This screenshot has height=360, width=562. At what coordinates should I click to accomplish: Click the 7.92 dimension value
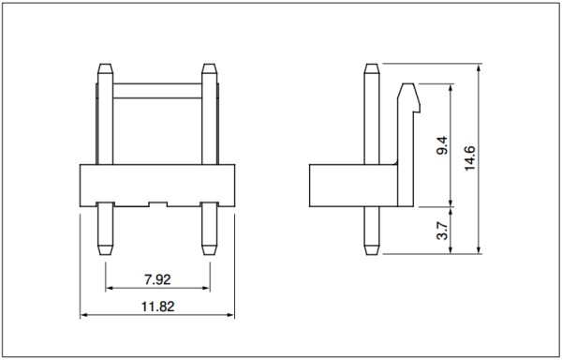[157, 279]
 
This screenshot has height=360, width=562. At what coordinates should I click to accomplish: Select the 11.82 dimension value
[157, 307]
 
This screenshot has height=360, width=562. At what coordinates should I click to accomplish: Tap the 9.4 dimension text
[442, 145]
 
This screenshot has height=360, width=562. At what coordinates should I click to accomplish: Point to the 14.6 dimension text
[469, 158]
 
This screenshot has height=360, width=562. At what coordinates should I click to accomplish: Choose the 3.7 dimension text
[442, 231]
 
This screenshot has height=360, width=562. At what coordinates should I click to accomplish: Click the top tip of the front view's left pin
[105, 64]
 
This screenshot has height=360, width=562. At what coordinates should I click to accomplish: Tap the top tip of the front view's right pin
[209, 64]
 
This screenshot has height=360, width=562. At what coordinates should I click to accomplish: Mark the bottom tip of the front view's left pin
[105, 255]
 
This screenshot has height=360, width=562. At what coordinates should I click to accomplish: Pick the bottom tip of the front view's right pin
[209, 255]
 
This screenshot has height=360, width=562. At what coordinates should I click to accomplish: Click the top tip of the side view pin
[372, 64]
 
